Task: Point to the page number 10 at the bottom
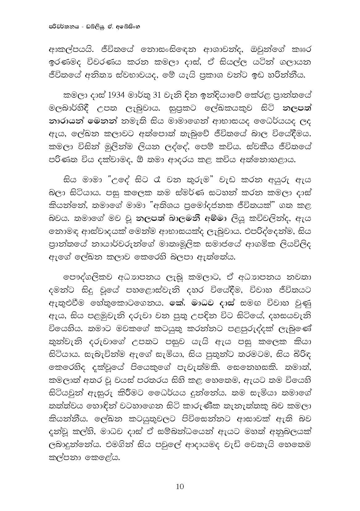[x=180, y=487]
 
